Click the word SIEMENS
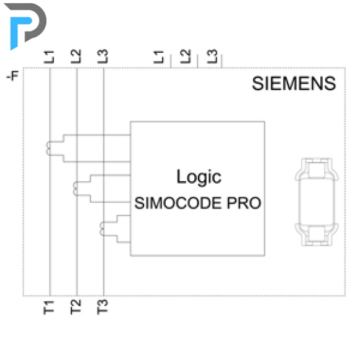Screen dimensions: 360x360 click(294, 83)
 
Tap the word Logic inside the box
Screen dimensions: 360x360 click(199, 177)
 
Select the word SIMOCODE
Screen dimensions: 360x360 click(178, 203)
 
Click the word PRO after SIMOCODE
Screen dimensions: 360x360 click(244, 203)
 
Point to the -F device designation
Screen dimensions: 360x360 click(12, 76)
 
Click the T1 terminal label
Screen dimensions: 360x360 click(49, 307)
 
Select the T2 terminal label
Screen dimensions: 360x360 click(76, 307)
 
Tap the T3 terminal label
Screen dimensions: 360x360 click(102, 307)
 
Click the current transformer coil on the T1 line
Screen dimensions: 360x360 click(48, 148)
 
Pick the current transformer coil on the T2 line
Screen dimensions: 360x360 click(75, 189)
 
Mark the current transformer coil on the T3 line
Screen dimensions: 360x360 click(102, 229)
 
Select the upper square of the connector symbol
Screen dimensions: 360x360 click(317, 170)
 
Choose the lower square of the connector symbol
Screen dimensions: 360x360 click(317, 233)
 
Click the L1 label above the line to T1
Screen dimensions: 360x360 click(49, 57)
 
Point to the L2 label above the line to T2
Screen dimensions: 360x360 click(76, 56)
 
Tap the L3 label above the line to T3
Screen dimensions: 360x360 click(102, 56)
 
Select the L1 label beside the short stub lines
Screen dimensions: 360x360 click(159, 57)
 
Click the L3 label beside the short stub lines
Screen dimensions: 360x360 click(212, 56)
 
